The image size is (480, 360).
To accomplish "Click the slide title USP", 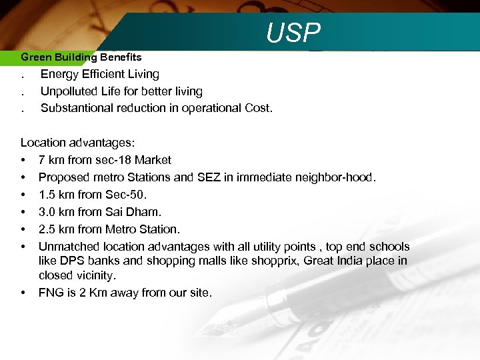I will coord(293,32).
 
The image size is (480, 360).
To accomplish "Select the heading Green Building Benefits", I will coord(81,57).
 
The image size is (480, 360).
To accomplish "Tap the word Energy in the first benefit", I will coord(59,74).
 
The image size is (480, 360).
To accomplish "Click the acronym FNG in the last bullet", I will coord(51,293).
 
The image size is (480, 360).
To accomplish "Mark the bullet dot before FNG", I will coord(23,293).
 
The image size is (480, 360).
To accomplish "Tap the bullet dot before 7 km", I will coord(23,160).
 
